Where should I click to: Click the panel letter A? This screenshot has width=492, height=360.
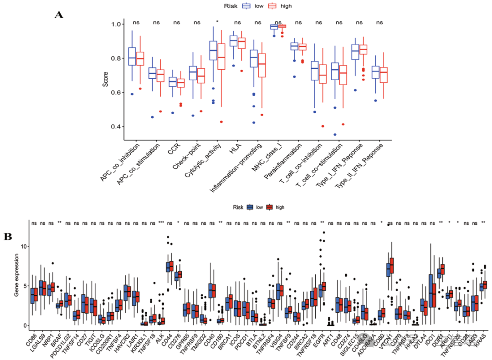(59, 15)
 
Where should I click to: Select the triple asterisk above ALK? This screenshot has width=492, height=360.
(161, 223)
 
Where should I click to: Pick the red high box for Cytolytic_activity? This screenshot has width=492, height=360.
(221, 56)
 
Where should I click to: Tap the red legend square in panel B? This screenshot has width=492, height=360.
(269, 207)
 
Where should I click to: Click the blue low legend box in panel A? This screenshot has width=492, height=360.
(247, 6)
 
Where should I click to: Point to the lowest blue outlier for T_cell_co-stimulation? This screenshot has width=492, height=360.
(335, 134)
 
